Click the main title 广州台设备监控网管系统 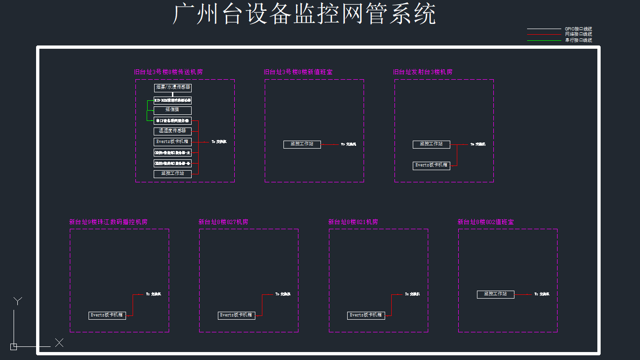click(x=305, y=14)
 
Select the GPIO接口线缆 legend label click(x=578, y=29)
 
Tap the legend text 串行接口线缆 click(x=578, y=40)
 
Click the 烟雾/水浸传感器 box click(x=173, y=88)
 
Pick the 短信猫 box click(x=173, y=110)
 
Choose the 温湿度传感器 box click(x=173, y=131)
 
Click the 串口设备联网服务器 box click(x=173, y=121)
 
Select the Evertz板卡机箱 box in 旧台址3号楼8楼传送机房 click(x=173, y=142)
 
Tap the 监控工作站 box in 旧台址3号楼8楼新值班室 click(x=302, y=144)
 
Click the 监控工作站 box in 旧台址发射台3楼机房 click(x=432, y=144)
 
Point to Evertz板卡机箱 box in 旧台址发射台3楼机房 click(x=432, y=165)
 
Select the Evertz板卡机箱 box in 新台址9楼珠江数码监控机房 click(x=107, y=315)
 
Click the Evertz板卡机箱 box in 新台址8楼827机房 click(x=237, y=315)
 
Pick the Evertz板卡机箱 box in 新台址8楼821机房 click(x=366, y=315)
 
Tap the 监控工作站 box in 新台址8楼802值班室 click(x=496, y=294)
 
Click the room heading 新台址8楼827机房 click(x=223, y=222)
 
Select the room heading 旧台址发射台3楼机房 click(x=423, y=72)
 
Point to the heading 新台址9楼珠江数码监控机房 click(x=108, y=222)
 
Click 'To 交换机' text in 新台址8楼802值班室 click(x=542, y=294)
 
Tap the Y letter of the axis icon click(x=18, y=301)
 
